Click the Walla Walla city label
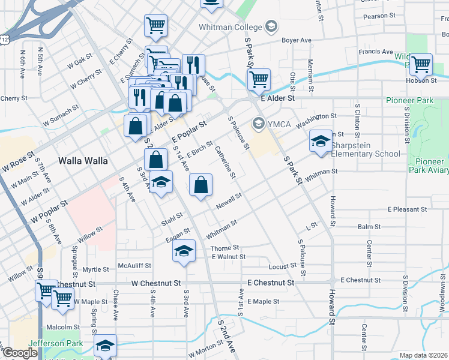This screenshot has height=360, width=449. click(83, 161)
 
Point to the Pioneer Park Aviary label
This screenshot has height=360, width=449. click(430, 166)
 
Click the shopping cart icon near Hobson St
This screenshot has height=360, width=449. click(421, 64)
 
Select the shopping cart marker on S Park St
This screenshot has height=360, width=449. click(258, 79)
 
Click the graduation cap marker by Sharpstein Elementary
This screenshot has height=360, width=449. click(321, 142)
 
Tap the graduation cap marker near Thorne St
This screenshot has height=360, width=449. click(184, 251)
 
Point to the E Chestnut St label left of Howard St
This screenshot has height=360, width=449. click(270, 282)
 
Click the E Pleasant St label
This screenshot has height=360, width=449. click(407, 209)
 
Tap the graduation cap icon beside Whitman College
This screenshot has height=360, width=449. click(271, 26)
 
